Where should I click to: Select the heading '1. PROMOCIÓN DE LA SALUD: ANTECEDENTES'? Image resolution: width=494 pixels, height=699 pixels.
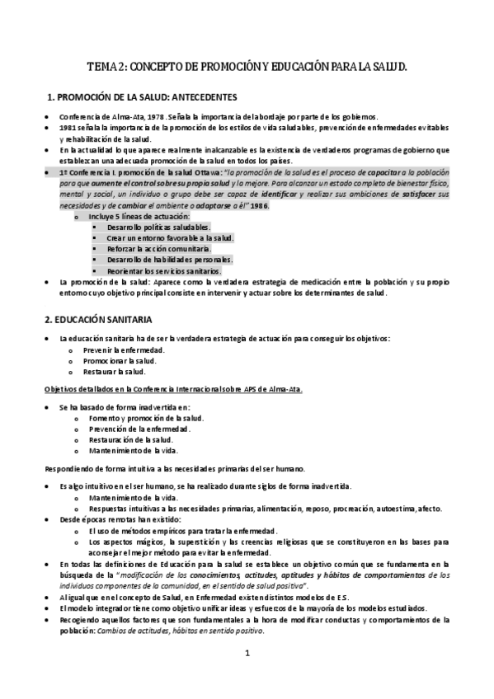pyautogui.click(x=143, y=96)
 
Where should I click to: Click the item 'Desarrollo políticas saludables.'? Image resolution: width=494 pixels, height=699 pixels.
pyautogui.click(x=158, y=226)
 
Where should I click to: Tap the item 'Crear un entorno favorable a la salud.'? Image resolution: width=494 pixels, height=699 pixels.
pyautogui.click(x=170, y=237)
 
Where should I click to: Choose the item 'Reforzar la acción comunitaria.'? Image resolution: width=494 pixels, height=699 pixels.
pyautogui.click(x=158, y=248)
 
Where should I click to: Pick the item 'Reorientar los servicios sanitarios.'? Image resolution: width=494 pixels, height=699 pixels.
pyautogui.click(x=163, y=270)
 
